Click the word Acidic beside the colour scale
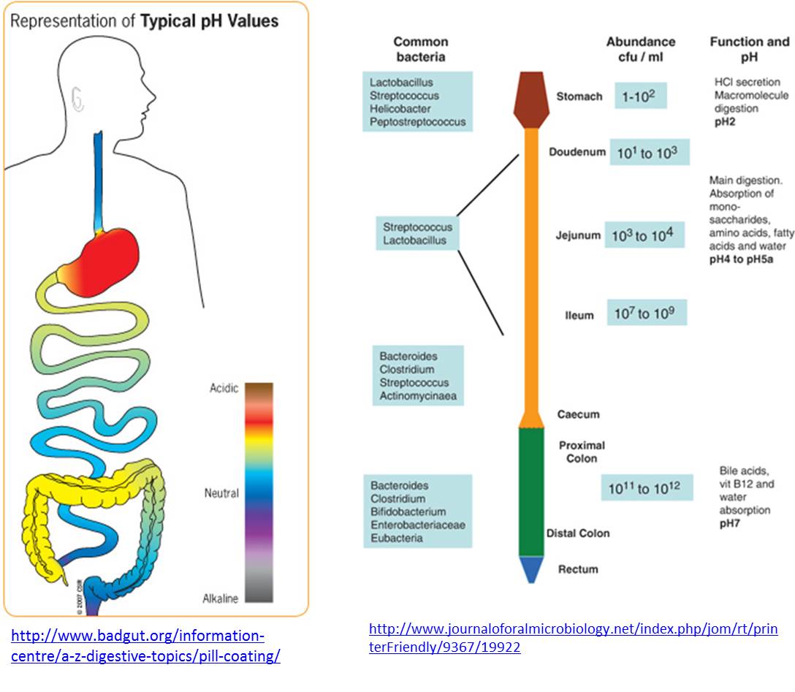click(x=224, y=388)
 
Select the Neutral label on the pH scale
click(x=221, y=493)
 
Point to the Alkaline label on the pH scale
click(x=220, y=599)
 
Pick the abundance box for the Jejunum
click(x=644, y=235)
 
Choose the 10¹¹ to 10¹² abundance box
click(x=647, y=488)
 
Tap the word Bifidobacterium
click(x=408, y=512)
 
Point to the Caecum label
click(x=578, y=414)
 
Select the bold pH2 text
click(x=725, y=121)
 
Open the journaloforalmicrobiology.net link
click(x=573, y=637)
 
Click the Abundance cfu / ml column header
click(x=640, y=49)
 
